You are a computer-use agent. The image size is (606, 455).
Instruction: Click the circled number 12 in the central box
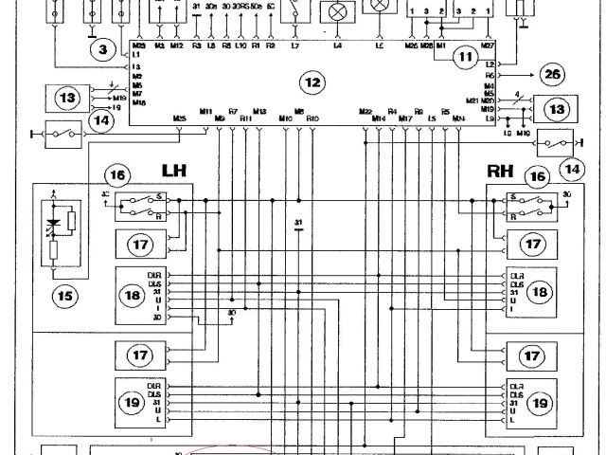tap(312, 83)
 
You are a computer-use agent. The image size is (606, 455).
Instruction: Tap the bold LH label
tap(174, 171)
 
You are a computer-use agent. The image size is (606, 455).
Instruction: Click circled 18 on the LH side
tap(132, 296)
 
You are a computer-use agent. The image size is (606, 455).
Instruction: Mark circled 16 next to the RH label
tap(538, 176)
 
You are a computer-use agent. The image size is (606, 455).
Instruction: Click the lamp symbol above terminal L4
tap(336, 11)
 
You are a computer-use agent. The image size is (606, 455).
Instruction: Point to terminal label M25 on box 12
tap(179, 118)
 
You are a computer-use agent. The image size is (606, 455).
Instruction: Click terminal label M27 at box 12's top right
tap(488, 45)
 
